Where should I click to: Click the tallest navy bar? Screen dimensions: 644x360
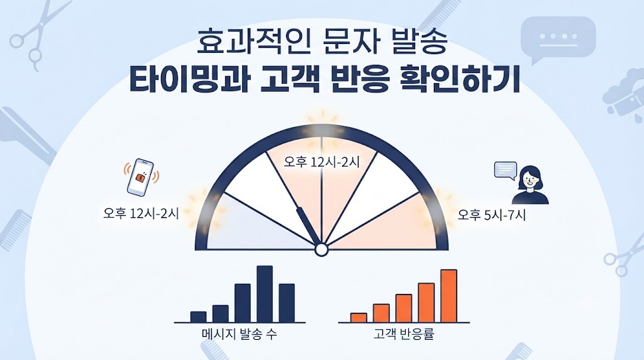pyautogui.click(x=265, y=294)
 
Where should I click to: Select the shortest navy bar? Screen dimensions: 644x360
pyautogui.click(x=198, y=317)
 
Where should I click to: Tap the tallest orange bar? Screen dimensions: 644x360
pyautogui.click(x=448, y=296)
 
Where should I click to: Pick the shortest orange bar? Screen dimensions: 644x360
pyautogui.click(x=358, y=318)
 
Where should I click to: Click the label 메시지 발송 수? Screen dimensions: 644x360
pyautogui.click(x=240, y=334)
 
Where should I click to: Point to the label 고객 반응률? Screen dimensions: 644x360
pyautogui.click(x=404, y=334)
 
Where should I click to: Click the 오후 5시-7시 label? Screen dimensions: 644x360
pyautogui.click(x=492, y=215)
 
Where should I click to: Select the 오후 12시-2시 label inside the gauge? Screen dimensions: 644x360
pyautogui.click(x=321, y=162)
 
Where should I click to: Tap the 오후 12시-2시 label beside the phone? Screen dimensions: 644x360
pyautogui.click(x=141, y=214)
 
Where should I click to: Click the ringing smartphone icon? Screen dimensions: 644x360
pyautogui.click(x=140, y=177)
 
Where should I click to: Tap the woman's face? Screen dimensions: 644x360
pyautogui.click(x=528, y=179)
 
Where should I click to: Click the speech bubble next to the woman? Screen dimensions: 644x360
pyautogui.click(x=506, y=171)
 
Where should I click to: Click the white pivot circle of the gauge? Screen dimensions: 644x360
pyautogui.click(x=321, y=249)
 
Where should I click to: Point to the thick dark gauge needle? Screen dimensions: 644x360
pyautogui.click(x=309, y=227)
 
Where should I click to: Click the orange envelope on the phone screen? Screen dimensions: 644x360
pyautogui.click(x=142, y=177)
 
